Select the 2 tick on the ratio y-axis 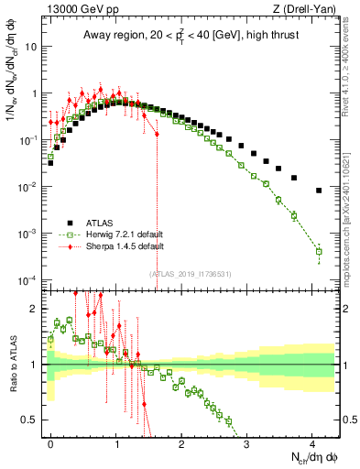[38, 308]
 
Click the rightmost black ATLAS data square [318, 191]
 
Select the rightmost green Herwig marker [318, 251]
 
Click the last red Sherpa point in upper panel [157, 135]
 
